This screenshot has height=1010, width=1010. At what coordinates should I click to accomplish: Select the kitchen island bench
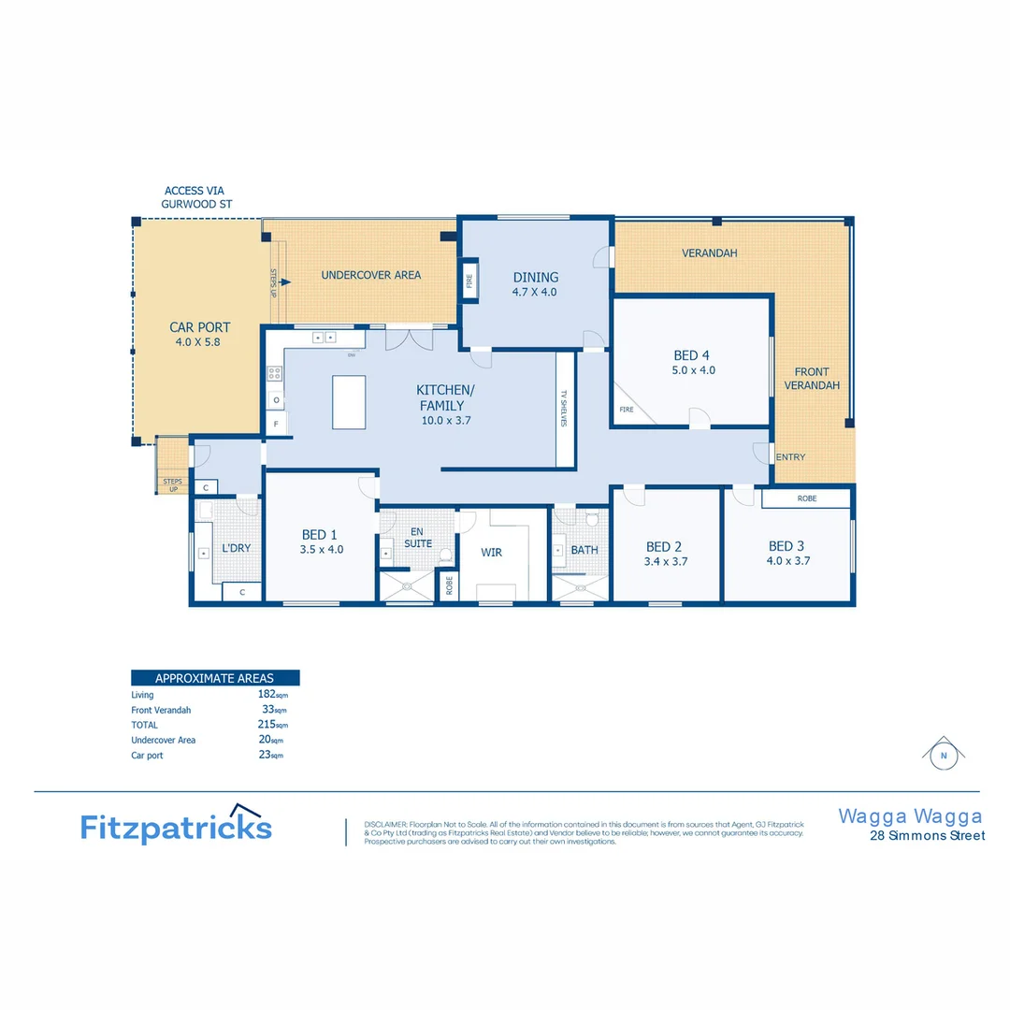coord(349,402)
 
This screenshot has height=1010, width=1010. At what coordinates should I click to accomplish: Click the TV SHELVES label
coord(565,409)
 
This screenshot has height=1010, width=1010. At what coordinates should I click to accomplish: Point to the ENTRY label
coord(790,457)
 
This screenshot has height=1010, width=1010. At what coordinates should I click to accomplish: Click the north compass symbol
coord(944,754)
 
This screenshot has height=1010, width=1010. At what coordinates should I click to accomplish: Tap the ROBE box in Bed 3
coord(806,498)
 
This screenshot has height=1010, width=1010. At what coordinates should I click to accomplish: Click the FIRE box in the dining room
coord(469,280)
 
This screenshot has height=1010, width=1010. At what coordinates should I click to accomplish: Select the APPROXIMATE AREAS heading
coord(214,678)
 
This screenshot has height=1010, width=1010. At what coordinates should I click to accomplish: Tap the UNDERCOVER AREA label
coord(370,275)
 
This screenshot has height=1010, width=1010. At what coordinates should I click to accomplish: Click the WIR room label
coord(492,552)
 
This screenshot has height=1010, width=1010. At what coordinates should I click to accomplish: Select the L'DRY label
coord(236,548)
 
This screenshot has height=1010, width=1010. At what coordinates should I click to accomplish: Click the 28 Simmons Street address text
coord(927,836)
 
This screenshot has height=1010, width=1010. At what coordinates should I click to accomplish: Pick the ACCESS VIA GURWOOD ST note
coord(197,197)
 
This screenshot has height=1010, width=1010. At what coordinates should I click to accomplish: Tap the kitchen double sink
coord(324,337)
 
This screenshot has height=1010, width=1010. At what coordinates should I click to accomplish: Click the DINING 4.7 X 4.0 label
coord(535,284)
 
